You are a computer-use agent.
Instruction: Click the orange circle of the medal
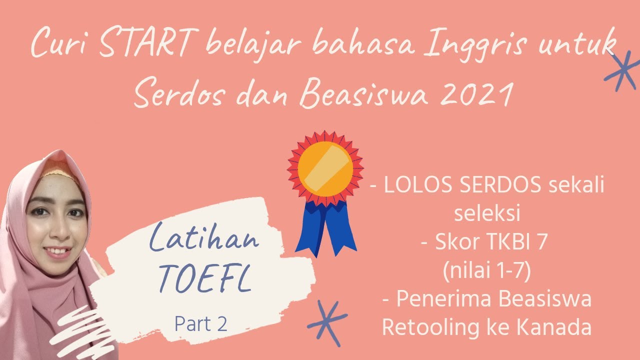tap(325, 168)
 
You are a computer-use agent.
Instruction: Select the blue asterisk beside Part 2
tap(327, 322)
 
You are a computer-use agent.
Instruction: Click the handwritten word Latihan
tap(204, 241)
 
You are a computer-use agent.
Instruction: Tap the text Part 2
tap(201, 323)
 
